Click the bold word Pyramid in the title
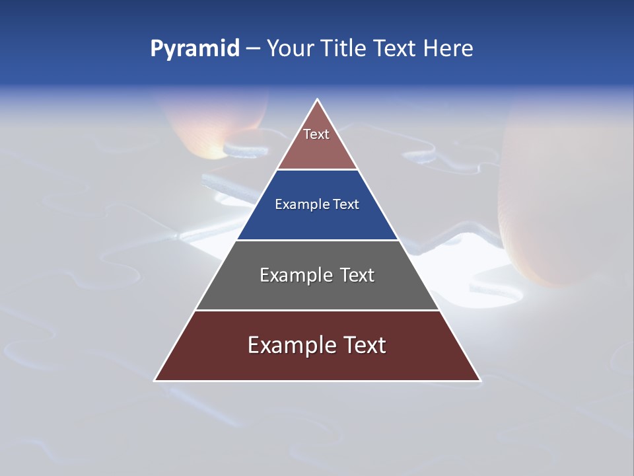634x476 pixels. coord(195,49)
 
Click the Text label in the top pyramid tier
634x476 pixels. coord(316,134)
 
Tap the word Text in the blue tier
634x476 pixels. coord(346,204)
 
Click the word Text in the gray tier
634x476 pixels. coord(357,275)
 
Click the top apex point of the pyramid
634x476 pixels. coord(317,100)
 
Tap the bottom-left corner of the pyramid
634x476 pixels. coord(155,380)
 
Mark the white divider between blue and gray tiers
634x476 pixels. coord(317,240)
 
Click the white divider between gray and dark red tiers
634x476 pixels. coord(317,310)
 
